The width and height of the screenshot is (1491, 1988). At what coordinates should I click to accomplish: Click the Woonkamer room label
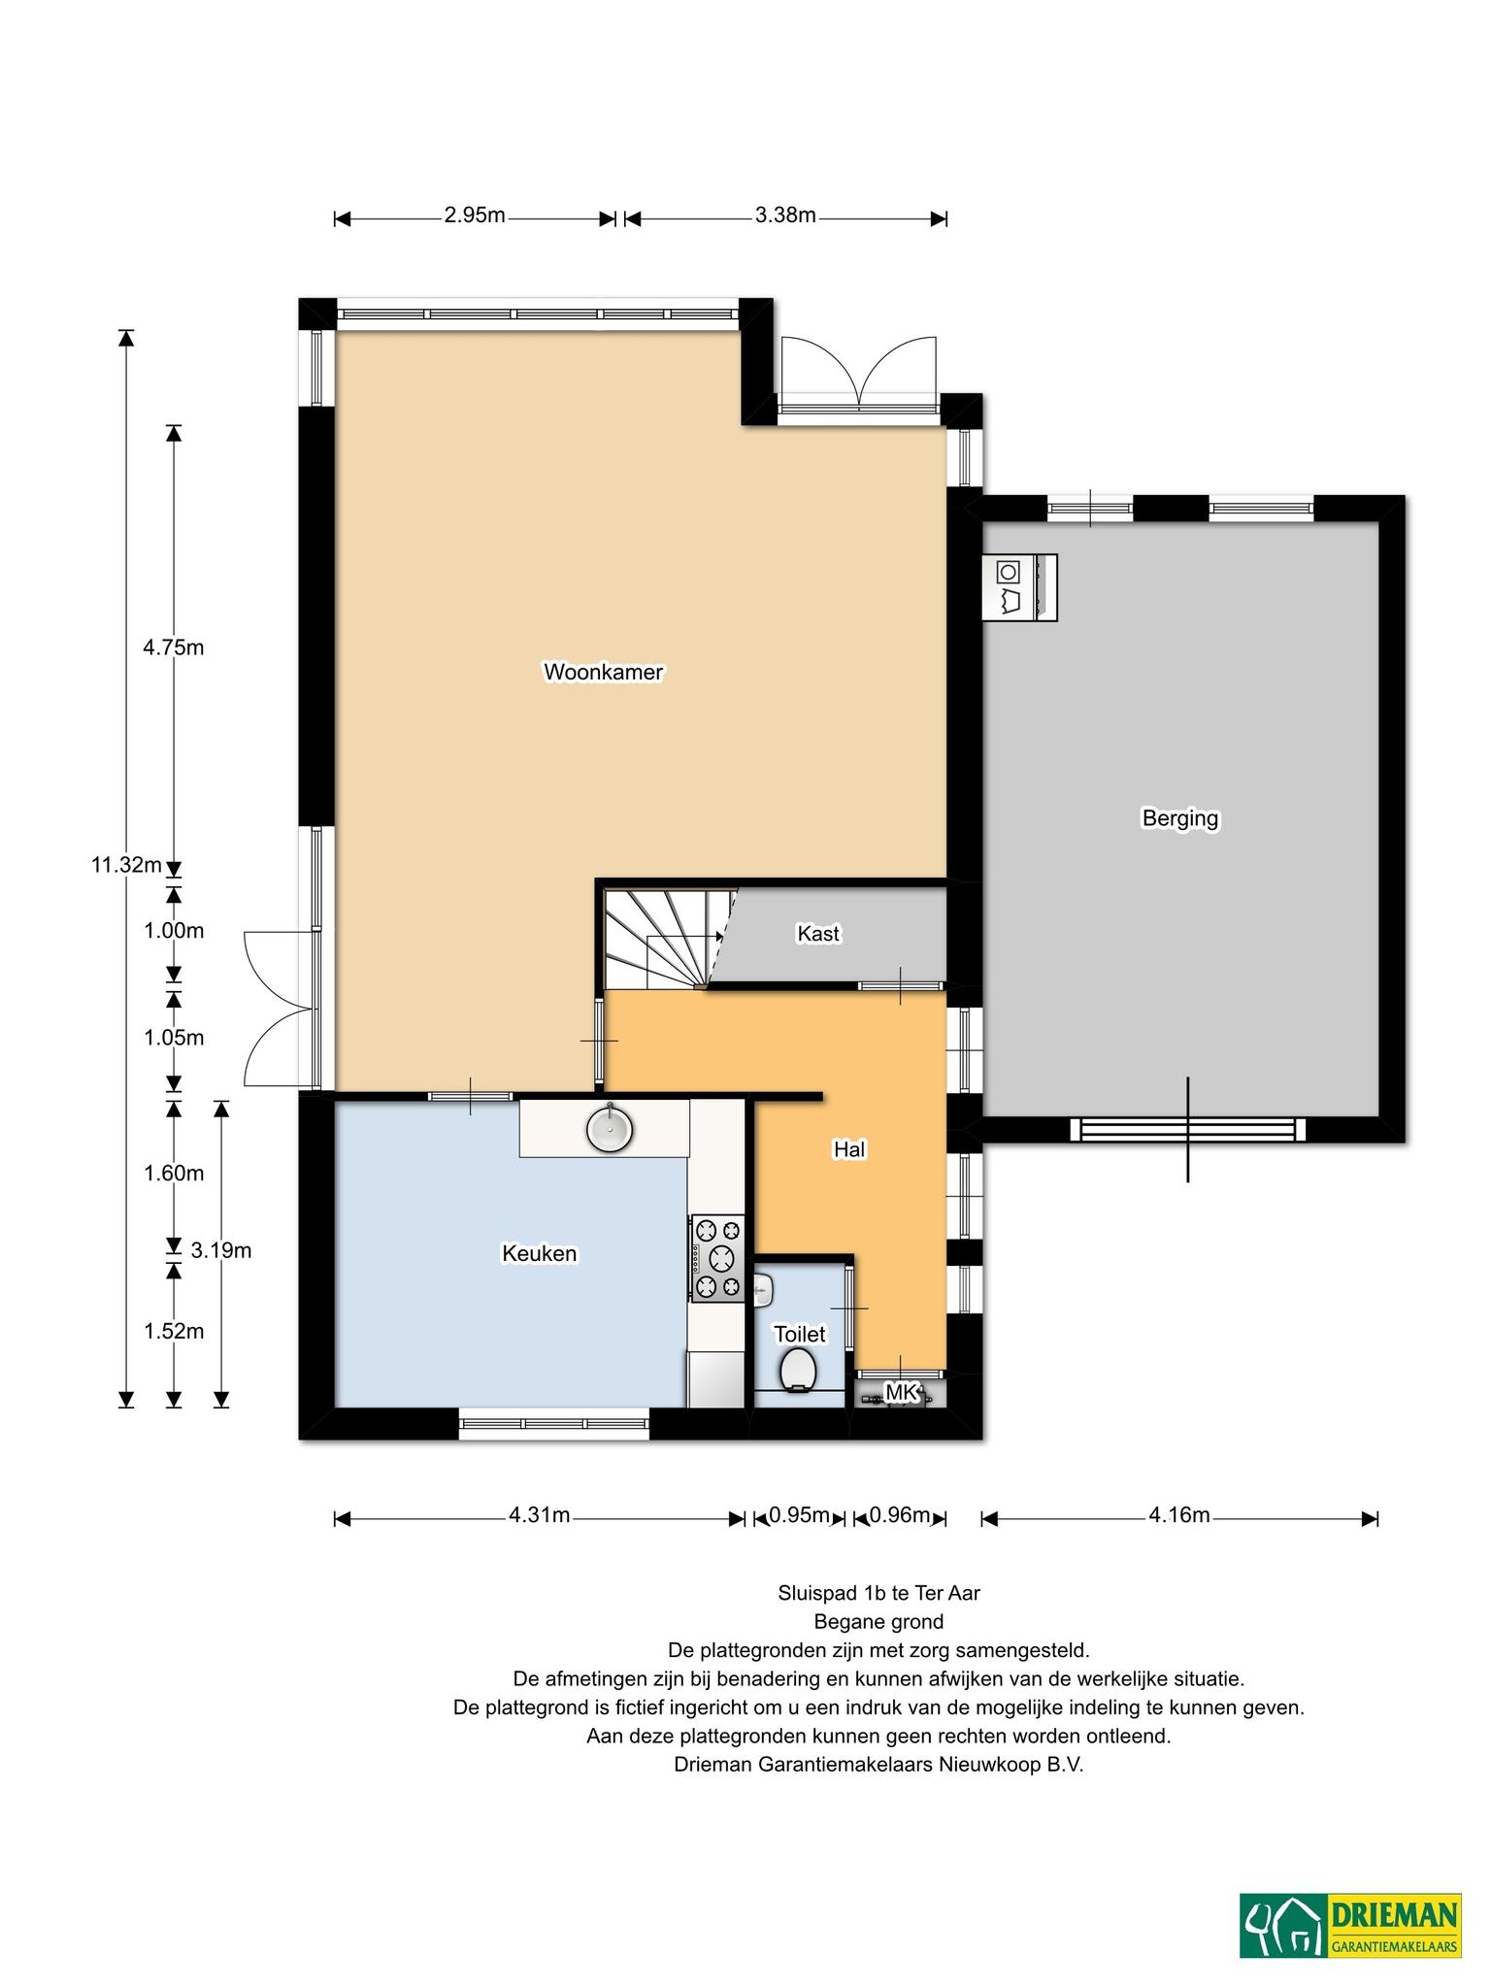click(603, 672)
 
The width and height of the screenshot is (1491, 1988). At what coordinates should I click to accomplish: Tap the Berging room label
click(1179, 818)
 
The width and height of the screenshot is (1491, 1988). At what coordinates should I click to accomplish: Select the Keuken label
click(539, 1253)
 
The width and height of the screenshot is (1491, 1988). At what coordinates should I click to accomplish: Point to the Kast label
click(817, 933)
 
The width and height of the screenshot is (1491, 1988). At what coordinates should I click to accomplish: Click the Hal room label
click(849, 1149)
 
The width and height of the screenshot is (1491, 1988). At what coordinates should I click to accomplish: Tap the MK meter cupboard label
click(902, 1393)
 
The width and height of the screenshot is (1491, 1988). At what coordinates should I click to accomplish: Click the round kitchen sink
click(610, 1128)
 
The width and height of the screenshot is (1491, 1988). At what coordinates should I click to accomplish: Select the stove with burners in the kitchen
click(717, 1258)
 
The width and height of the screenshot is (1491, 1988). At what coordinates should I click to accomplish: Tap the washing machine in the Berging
click(1019, 586)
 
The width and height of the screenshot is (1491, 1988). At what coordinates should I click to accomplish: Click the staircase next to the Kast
click(668, 938)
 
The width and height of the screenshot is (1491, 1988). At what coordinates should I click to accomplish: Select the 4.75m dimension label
click(174, 647)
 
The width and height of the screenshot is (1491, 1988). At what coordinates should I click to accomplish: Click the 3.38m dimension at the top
click(785, 215)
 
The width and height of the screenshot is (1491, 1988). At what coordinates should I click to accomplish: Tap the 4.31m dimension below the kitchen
click(539, 1515)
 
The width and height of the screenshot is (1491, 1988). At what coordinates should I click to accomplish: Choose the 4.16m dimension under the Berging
click(1179, 1515)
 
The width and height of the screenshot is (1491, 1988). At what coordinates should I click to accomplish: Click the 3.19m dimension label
click(221, 1250)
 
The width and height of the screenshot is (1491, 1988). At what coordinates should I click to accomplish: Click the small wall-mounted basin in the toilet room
click(763, 1289)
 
